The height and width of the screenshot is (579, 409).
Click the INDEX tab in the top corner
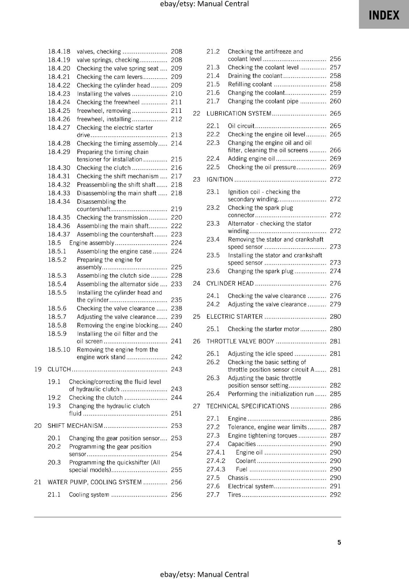pos(384,15)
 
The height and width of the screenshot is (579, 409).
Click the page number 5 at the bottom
pos(339,542)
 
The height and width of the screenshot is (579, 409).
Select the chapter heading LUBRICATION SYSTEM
pos(239,114)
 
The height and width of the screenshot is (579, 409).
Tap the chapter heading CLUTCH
pos(59,369)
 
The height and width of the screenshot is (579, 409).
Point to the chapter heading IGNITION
pos(220,179)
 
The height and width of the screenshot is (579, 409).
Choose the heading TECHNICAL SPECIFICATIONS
pos(248,406)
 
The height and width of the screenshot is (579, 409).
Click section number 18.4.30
pos(59,168)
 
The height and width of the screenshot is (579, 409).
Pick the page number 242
pos(176,357)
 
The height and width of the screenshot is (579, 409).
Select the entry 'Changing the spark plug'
pos(261,271)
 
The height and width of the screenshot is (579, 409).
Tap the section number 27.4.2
pos(216,461)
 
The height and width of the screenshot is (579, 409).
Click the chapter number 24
pos(197,284)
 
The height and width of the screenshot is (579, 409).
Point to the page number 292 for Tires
pos(335,495)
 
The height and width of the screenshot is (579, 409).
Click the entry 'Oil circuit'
pos(241,126)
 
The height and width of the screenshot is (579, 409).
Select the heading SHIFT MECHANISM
pos(75,426)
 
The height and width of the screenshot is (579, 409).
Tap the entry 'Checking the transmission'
pos(112,217)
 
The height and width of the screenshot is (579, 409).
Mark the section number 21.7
pos(213,101)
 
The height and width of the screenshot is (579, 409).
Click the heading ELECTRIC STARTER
pos(235,317)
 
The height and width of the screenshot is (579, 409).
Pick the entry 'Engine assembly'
pos(92,243)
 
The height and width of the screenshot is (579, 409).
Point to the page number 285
pos(335,394)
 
